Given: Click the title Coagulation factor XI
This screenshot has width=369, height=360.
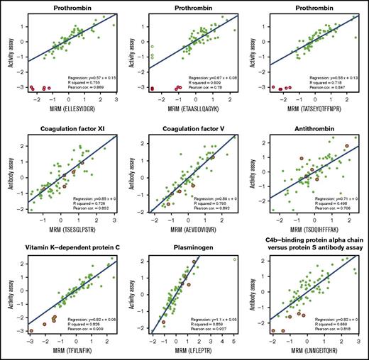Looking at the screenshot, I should [67, 127].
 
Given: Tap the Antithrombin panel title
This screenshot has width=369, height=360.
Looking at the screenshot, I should [311, 127].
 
